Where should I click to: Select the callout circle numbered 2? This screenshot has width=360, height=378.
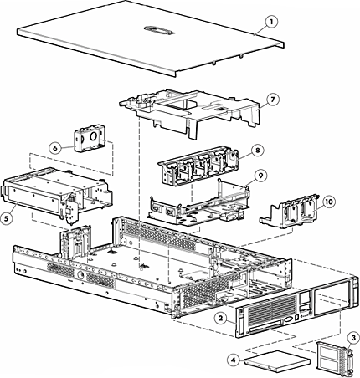[x=219, y=317]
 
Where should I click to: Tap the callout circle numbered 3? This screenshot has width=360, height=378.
[x=352, y=337]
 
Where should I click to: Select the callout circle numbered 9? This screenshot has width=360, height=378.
[x=260, y=176]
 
